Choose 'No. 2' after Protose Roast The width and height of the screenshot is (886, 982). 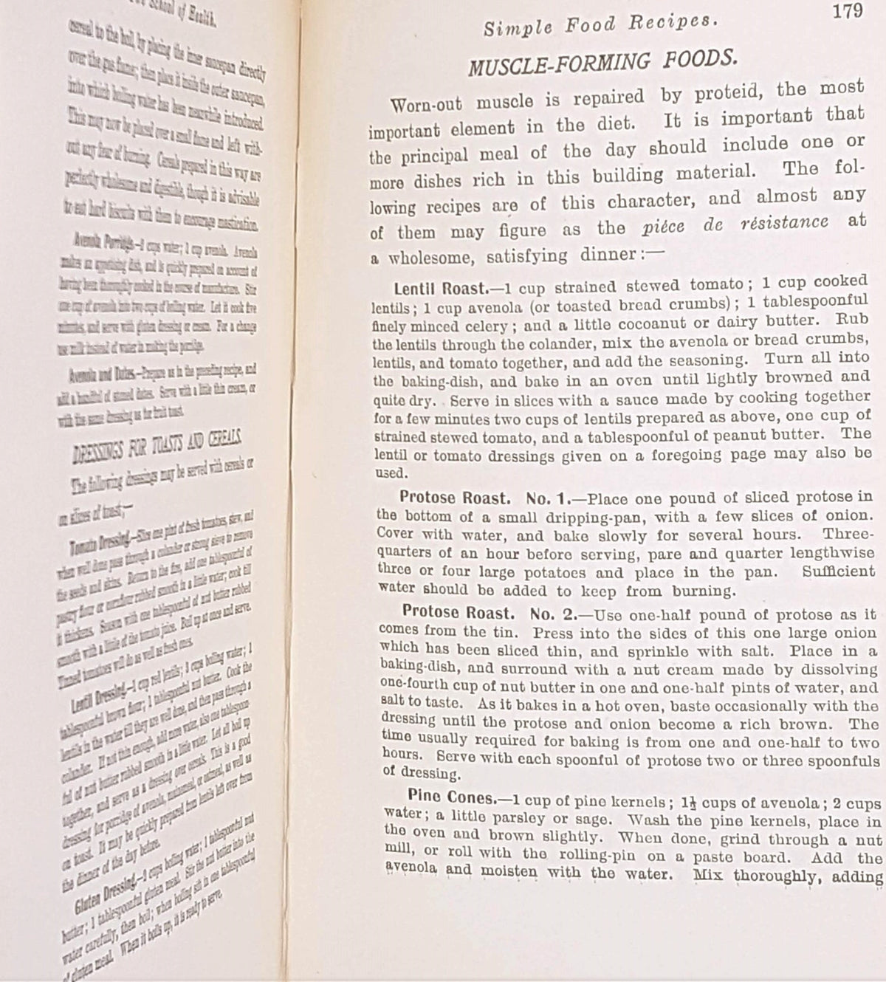click(x=552, y=613)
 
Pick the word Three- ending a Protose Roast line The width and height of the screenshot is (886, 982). click(x=849, y=533)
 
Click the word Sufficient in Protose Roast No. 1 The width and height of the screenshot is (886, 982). click(x=839, y=571)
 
